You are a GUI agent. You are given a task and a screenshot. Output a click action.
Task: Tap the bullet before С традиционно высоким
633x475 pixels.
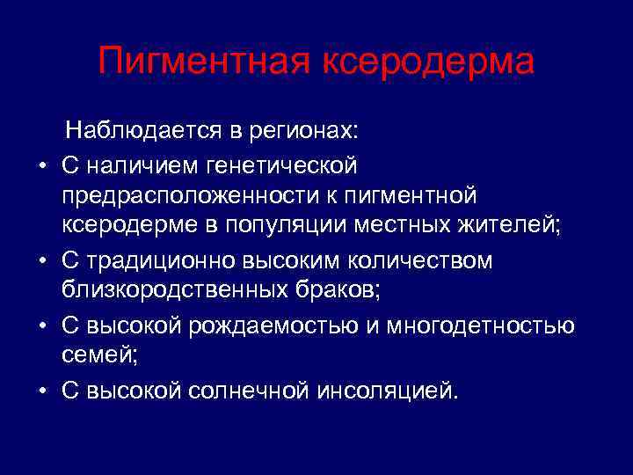coord(42,261)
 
